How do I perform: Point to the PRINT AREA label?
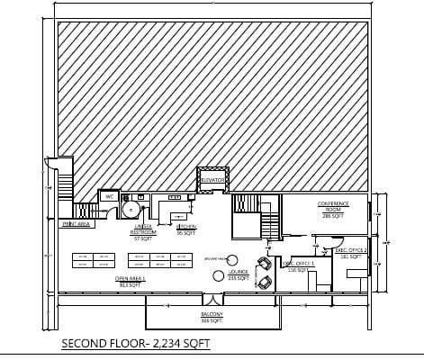77,224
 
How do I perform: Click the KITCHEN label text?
186,227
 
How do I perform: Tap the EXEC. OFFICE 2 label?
349,252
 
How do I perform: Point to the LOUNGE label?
239,270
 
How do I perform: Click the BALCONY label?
212,315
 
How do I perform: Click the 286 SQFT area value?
332,217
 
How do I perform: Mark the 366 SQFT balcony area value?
212,320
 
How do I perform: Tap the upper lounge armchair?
264,265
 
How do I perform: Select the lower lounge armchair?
264,283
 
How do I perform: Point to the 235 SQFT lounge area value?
239,277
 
